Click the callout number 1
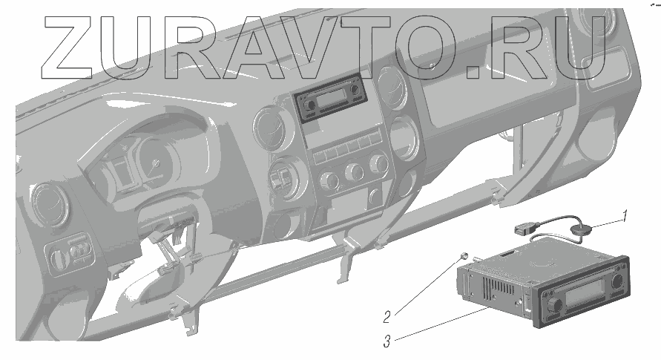pyautogui.click(x=625, y=217)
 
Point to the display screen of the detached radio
pyautogui.click(x=585, y=297)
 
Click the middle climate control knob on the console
pyautogui.click(x=354, y=173)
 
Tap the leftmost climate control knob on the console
pyautogui.click(x=327, y=180)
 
